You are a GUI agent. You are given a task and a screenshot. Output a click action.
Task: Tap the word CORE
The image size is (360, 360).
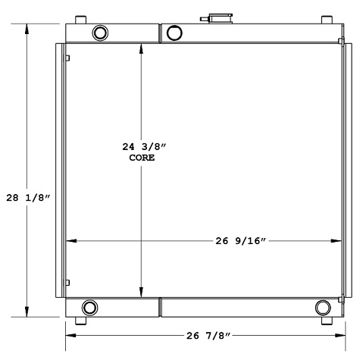pos(142,158)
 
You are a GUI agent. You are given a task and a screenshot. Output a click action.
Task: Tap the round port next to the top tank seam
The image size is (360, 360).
pos(174,32)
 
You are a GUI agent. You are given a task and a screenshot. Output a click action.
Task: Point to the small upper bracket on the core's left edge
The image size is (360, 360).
pos(67,58)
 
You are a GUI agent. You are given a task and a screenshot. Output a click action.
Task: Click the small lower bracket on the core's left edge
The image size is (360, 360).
pos(67,283)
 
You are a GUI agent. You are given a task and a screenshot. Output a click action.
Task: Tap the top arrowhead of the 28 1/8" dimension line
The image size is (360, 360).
pos(28,27)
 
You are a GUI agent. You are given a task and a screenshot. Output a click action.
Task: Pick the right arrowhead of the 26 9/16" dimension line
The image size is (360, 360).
pos(337,242)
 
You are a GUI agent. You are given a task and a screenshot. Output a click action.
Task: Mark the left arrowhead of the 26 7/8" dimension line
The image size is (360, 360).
pos(70,334)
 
